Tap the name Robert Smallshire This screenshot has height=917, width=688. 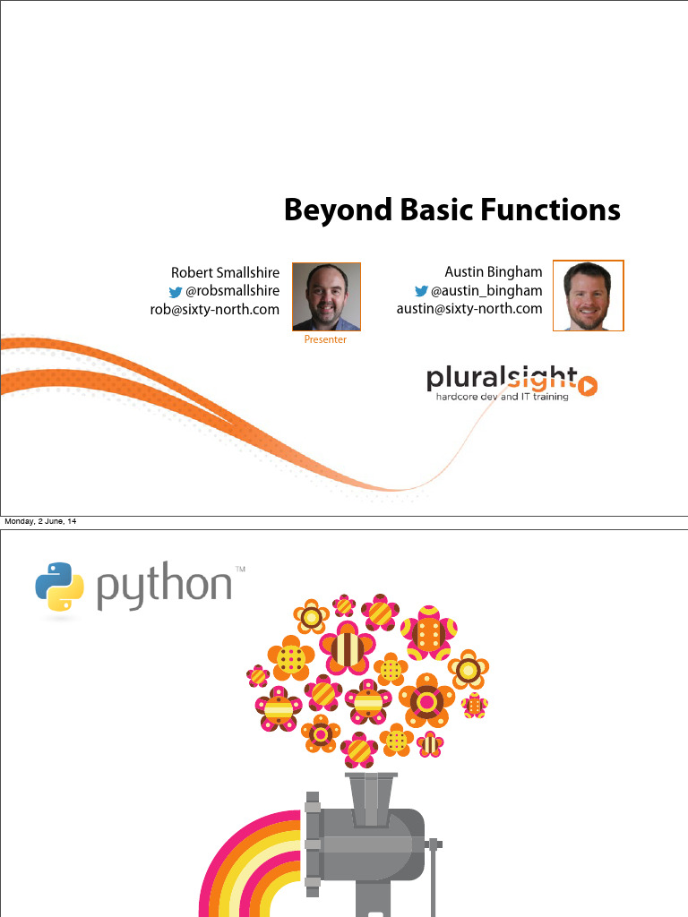tap(225, 272)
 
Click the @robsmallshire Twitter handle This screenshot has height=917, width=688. tap(232, 291)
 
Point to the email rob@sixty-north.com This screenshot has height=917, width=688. tap(215, 310)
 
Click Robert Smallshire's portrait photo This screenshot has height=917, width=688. tap(326, 296)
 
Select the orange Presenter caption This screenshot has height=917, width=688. tap(325, 340)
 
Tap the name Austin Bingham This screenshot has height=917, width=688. tap(493, 271)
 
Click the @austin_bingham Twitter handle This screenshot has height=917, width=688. tap(486, 290)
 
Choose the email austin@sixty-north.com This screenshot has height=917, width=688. tap(469, 309)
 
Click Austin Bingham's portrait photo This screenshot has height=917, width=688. tap(588, 296)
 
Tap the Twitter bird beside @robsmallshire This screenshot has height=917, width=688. tap(176, 292)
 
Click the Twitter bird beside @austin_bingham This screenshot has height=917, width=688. tap(420, 291)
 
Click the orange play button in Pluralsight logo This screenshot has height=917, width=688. tap(588, 385)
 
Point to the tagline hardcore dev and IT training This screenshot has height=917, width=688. tap(502, 397)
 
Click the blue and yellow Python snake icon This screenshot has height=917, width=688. tap(59, 587)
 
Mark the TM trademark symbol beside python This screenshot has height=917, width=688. tap(240, 569)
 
